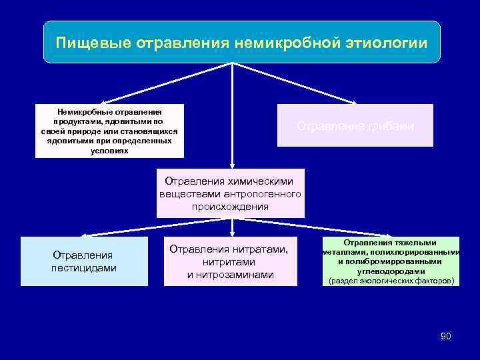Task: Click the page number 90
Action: (x=446, y=336)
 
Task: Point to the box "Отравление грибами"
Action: (x=355, y=125)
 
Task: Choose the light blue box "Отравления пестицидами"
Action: (x=84, y=261)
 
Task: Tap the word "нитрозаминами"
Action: (x=230, y=275)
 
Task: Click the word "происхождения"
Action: (x=231, y=207)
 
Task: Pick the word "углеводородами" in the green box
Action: (x=391, y=271)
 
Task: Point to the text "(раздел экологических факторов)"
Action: (x=391, y=281)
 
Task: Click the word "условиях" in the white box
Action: (x=109, y=151)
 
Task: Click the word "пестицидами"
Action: (x=84, y=268)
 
